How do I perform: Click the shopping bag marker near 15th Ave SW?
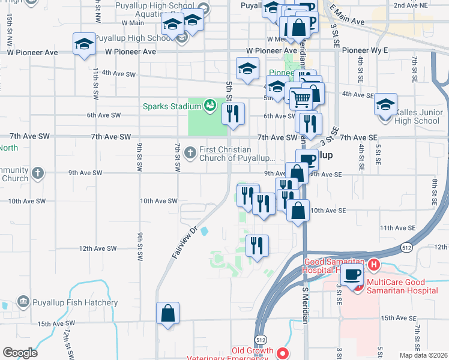(167, 313)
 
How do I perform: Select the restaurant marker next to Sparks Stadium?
(233, 114)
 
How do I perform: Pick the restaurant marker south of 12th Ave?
(257, 245)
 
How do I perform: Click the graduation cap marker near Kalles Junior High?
(385, 104)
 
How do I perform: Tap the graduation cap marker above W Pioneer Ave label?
(84, 44)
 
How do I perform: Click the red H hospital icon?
(374, 264)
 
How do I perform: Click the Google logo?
(20, 352)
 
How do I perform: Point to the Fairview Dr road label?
(185, 242)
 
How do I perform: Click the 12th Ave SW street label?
(98, 248)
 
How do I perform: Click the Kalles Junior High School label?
(418, 116)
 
